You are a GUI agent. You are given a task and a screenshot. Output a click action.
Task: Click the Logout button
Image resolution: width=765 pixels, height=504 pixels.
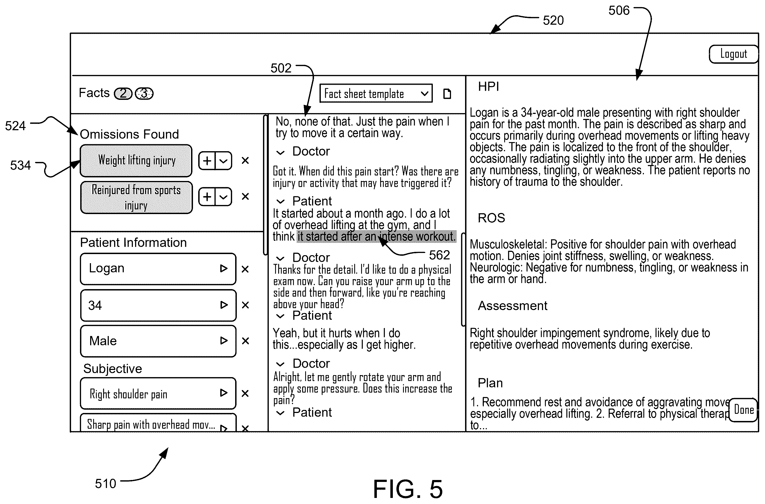pos(733,54)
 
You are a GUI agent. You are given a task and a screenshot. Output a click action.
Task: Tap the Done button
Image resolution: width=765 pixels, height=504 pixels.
pos(743,410)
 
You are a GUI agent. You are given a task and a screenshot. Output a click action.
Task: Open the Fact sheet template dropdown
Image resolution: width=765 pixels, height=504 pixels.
pos(376,93)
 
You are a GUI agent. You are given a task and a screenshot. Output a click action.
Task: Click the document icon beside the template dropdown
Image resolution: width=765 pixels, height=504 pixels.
pos(447,94)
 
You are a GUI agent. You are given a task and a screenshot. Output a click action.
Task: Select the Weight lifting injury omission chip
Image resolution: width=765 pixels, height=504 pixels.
pos(136,161)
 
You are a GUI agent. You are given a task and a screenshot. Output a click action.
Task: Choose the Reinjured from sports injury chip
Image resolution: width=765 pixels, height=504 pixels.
pos(136,197)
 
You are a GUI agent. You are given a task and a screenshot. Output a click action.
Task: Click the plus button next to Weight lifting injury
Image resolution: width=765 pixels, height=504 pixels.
pos(207,161)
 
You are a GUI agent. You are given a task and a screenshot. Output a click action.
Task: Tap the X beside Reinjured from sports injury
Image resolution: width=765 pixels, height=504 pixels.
pos(245,196)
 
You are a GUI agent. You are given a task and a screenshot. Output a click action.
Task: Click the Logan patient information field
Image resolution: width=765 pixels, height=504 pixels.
pos(158,269)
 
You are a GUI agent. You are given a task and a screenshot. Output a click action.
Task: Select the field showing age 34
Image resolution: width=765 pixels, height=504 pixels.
pos(158,305)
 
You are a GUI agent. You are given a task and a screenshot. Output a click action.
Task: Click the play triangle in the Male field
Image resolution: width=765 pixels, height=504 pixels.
pos(224,341)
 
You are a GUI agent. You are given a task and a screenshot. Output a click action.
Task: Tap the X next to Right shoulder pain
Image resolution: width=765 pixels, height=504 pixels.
pos(245,393)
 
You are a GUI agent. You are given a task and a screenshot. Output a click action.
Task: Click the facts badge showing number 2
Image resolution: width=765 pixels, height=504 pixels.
pos(123,94)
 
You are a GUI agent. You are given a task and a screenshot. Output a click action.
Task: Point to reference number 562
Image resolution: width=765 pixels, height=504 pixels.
pos(439,255)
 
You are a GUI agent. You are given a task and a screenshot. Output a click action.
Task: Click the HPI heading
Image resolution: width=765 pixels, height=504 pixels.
pos(488,87)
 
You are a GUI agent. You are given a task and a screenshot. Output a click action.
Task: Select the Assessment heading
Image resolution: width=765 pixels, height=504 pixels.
pos(513,306)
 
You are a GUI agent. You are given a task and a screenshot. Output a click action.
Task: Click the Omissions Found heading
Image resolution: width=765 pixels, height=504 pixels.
pos(129,134)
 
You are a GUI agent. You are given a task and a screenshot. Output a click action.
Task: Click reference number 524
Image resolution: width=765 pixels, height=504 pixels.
pos(15,126)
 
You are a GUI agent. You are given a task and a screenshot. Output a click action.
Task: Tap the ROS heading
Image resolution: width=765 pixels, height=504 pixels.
pos(492,218)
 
